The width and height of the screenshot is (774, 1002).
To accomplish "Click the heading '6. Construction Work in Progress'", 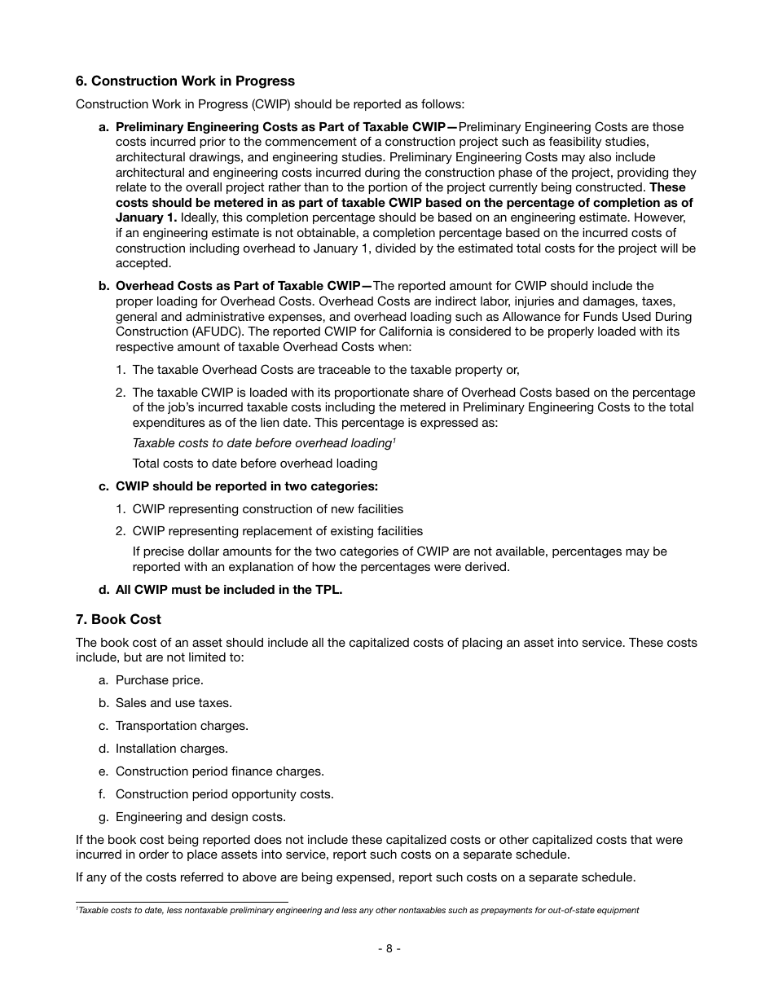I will point(185,81).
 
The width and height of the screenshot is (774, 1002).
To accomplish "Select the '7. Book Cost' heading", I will point(118,620).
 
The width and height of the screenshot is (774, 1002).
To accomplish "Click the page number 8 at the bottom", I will point(389,948).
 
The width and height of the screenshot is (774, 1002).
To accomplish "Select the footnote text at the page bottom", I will point(358,910).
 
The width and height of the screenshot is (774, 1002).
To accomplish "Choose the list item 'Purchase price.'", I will point(159,680).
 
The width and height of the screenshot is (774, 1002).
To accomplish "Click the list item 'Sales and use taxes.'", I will point(173,703).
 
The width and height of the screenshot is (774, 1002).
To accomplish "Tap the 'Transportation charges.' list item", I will point(182,726).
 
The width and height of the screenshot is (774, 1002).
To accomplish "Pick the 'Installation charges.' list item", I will point(171,749).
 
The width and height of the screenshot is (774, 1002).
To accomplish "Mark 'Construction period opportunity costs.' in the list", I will point(224,794).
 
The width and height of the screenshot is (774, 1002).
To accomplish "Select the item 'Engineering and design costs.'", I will point(200,817).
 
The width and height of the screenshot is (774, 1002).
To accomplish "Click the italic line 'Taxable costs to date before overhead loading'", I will point(262,444).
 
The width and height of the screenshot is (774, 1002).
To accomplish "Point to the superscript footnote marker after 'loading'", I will point(394,441).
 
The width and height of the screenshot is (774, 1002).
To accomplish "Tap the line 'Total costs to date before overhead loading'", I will point(255,464).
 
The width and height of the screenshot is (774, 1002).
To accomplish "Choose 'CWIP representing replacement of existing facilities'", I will point(277,531).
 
